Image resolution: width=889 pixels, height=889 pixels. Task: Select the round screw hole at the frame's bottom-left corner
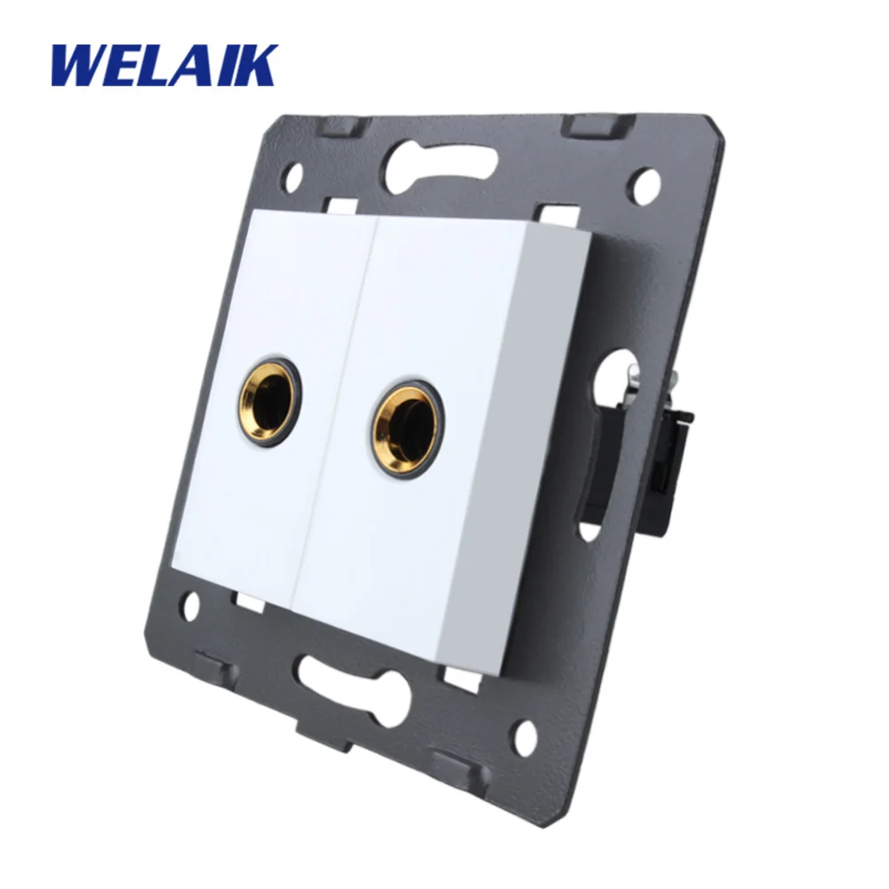point(191,608)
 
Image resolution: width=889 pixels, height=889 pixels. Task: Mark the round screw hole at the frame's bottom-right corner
point(526,734)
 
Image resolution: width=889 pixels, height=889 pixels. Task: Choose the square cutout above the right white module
point(553,216)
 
